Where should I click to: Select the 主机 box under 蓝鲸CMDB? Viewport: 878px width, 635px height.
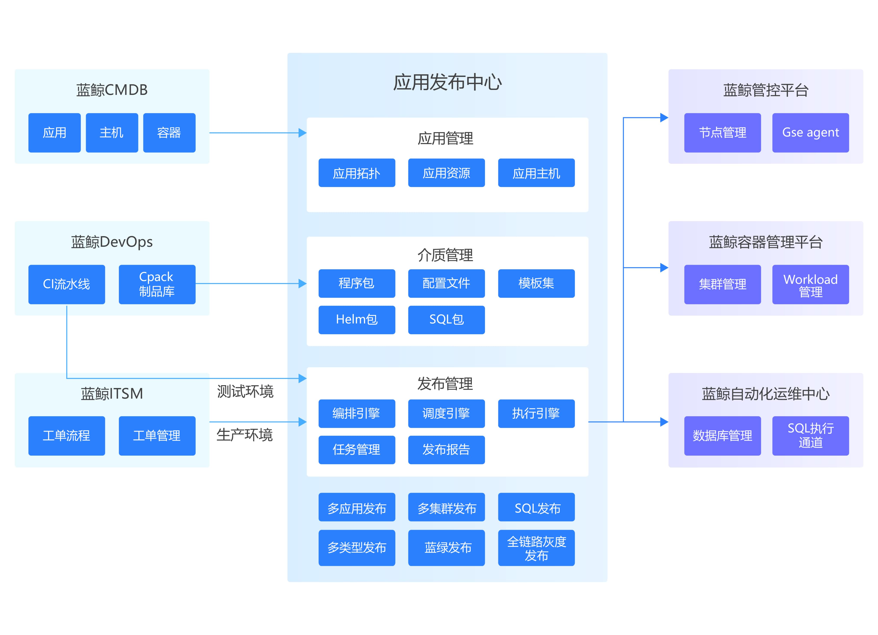pyautogui.click(x=112, y=133)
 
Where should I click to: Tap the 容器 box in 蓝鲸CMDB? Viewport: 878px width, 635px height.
pyautogui.click(x=169, y=133)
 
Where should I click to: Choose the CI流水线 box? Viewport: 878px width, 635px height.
pyautogui.click(x=67, y=284)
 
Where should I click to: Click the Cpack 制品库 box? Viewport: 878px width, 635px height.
pyautogui.click(x=157, y=284)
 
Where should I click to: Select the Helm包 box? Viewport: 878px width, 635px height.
pyautogui.click(x=357, y=319)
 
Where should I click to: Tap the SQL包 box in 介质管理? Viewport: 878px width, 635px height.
pyautogui.click(x=446, y=319)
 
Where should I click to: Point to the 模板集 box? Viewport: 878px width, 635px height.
pyautogui.click(x=536, y=283)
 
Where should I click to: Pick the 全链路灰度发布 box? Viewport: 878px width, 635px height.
pyautogui.click(x=536, y=547)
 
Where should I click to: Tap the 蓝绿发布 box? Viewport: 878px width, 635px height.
pyautogui.click(x=446, y=547)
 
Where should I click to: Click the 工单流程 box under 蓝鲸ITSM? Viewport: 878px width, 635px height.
pyautogui.click(x=67, y=436)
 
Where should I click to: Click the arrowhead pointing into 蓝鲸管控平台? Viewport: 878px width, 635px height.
pyautogui.click(x=664, y=118)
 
